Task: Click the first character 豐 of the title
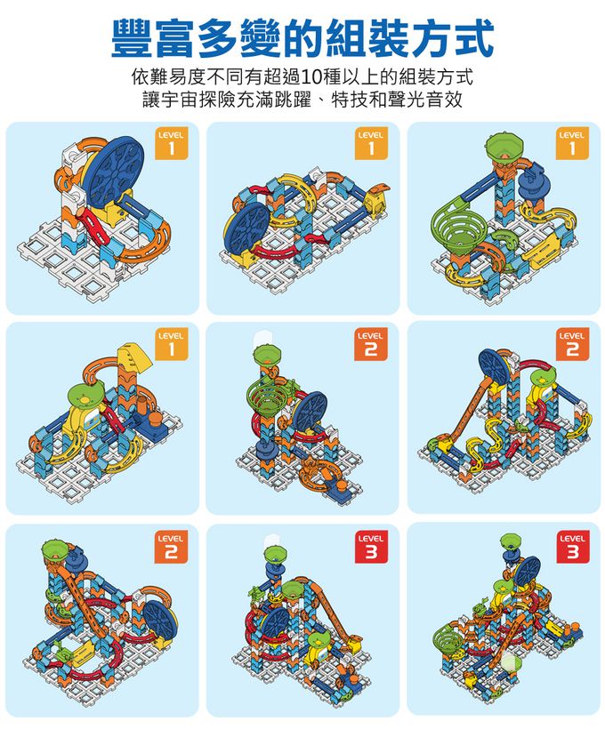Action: pyautogui.click(x=134, y=36)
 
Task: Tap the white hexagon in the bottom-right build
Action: pyautogui.click(x=510, y=662)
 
